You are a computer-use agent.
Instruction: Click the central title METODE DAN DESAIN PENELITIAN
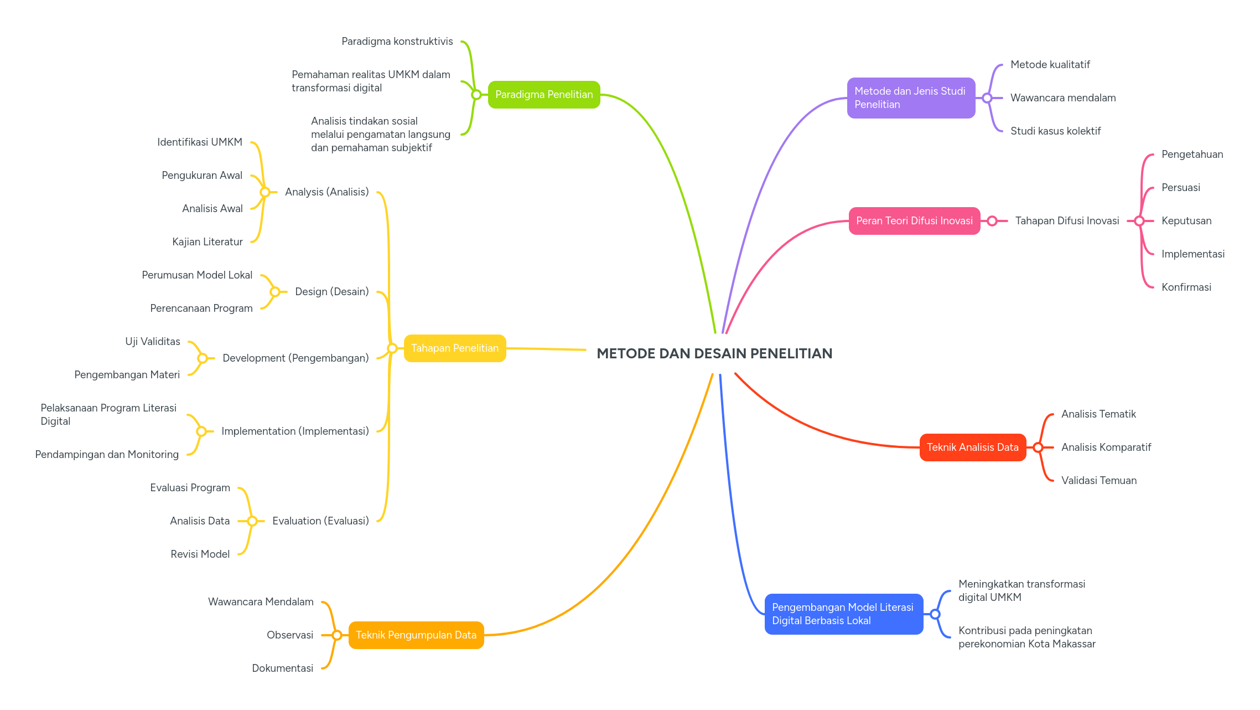tap(714, 353)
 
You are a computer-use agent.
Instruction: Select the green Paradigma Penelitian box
tap(544, 95)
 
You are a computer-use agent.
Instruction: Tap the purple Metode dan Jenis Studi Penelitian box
tap(911, 98)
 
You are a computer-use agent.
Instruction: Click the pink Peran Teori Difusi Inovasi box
tap(914, 221)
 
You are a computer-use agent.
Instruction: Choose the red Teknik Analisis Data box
tap(972, 447)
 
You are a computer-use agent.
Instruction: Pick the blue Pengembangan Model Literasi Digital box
tap(843, 614)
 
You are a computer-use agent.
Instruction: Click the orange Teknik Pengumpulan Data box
tap(416, 635)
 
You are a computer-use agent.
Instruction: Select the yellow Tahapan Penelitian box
tap(455, 348)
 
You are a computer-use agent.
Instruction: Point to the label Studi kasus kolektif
tap(1055, 131)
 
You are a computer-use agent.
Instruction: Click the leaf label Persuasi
tap(1180, 188)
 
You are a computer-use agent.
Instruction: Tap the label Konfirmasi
tap(1186, 287)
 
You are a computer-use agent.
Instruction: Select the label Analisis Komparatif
tap(1106, 447)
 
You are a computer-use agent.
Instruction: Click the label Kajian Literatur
tap(208, 242)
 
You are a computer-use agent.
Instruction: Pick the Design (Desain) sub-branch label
tap(331, 292)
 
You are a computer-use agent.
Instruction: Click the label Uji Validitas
tap(153, 342)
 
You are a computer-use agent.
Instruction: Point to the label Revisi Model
tap(200, 554)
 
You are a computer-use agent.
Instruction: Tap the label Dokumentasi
tap(282, 668)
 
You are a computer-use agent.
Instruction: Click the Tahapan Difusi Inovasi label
tap(1067, 221)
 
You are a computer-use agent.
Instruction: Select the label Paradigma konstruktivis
tap(397, 42)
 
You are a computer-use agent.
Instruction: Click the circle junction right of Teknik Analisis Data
tap(1038, 447)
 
